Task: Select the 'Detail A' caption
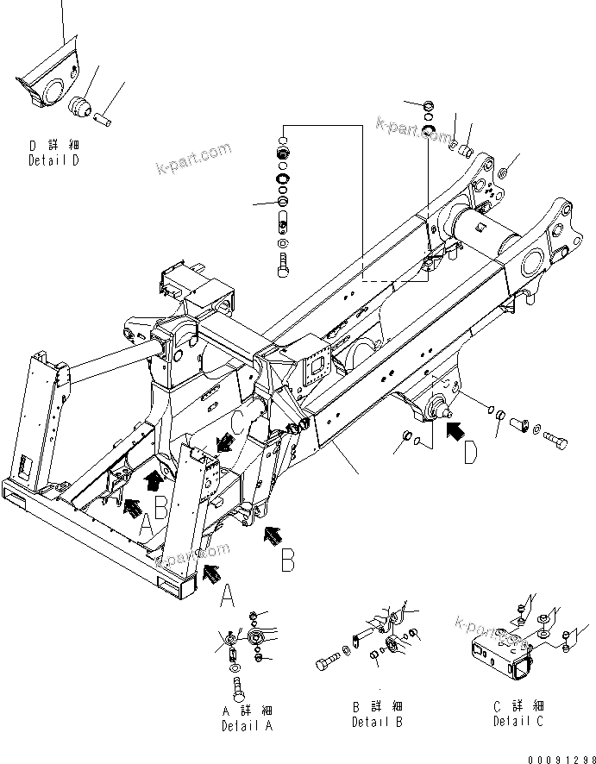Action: [247, 726]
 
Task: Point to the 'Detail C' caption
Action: [518, 721]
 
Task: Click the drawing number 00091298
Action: [556, 756]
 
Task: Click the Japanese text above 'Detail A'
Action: [247, 711]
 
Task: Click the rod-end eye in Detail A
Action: [255, 638]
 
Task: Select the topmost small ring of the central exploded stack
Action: [282, 139]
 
